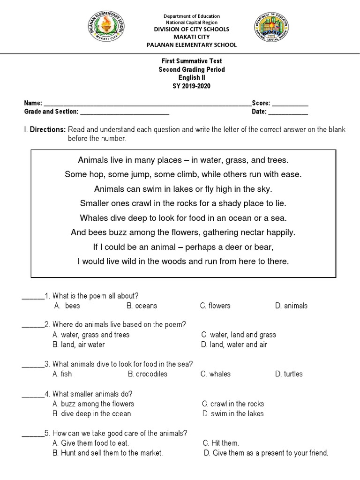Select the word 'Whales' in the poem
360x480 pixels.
click(x=94, y=218)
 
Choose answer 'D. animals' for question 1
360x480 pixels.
click(x=291, y=306)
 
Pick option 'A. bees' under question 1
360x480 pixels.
click(x=67, y=306)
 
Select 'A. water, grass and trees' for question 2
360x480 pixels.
click(x=91, y=335)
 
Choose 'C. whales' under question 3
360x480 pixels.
click(x=215, y=374)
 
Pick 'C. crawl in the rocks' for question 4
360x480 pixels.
click(x=233, y=404)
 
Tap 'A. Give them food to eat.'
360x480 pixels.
click(x=91, y=443)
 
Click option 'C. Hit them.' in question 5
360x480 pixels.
click(x=221, y=443)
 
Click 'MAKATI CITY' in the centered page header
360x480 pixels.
click(x=191, y=37)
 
